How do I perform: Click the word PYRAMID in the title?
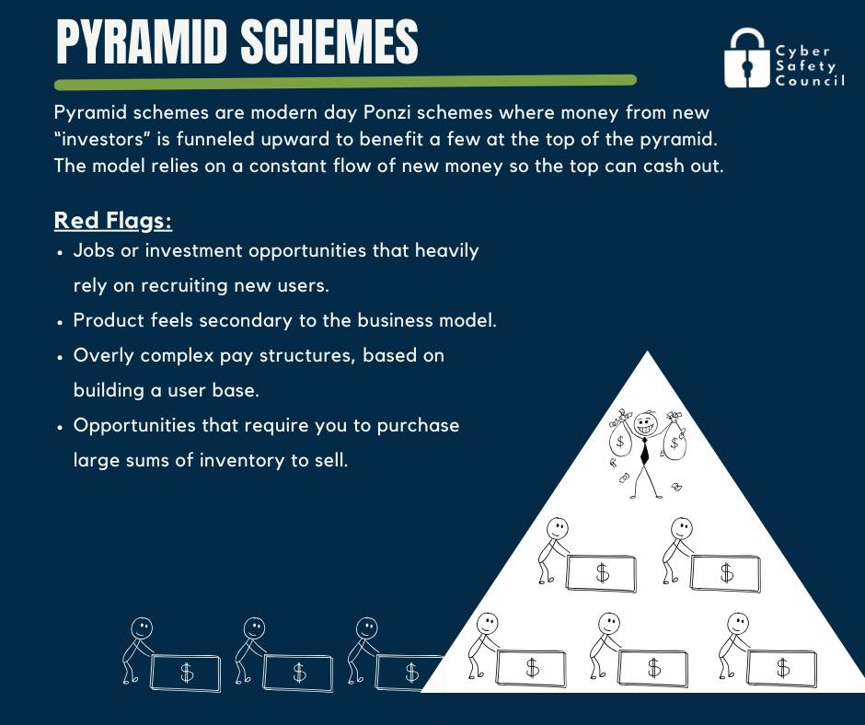tap(142, 42)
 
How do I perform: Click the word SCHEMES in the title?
tap(329, 42)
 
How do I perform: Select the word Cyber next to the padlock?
tap(802, 52)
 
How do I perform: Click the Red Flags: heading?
tap(113, 220)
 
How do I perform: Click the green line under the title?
tap(345, 82)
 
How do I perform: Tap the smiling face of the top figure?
tap(644, 424)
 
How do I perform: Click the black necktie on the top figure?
tap(644, 450)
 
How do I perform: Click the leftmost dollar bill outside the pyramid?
tap(186, 673)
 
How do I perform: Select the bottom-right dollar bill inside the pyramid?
tap(781, 668)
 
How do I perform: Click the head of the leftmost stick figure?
tap(142, 627)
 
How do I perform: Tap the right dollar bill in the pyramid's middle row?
tap(725, 573)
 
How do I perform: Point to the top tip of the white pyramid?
tap(648, 351)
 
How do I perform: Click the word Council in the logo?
tap(810, 81)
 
